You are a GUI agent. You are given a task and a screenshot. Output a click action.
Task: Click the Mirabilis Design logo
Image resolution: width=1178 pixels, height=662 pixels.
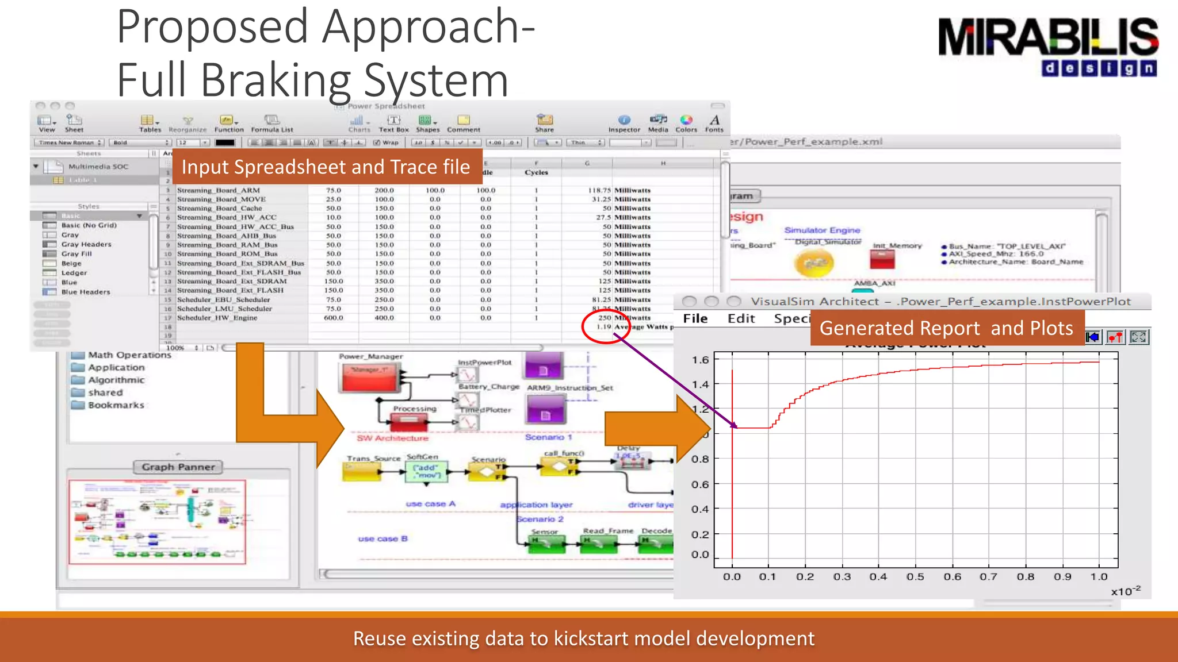click(x=1048, y=46)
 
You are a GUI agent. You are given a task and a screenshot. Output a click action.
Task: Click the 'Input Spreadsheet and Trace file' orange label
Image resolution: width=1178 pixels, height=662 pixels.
click(x=326, y=167)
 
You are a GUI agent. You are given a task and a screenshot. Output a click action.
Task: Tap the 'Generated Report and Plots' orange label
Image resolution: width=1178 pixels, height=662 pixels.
click(x=946, y=328)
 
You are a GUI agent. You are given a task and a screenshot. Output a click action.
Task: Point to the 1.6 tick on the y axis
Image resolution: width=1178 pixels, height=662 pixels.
click(x=700, y=360)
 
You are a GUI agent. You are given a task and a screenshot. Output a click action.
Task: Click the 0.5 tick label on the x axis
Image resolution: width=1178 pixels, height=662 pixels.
click(x=915, y=577)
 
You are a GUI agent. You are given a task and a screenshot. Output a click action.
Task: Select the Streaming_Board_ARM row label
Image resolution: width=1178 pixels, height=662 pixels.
click(x=218, y=190)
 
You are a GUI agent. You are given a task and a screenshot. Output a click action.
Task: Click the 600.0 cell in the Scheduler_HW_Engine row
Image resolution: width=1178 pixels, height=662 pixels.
click(x=333, y=318)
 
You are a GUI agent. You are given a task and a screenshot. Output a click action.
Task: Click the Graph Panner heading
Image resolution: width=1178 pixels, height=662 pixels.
click(x=178, y=467)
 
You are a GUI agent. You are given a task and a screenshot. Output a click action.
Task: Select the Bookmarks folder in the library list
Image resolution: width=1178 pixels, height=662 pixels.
click(x=116, y=405)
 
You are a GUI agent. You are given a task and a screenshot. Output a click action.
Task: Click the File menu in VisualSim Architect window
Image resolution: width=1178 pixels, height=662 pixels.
click(x=695, y=319)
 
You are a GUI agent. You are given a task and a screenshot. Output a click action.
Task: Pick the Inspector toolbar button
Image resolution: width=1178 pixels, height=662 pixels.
click(x=624, y=122)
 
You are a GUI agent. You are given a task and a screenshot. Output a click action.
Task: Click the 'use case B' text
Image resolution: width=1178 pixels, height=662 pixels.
click(x=383, y=539)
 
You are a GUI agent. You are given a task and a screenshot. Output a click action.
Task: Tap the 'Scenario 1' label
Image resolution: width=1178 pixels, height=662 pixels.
click(x=548, y=437)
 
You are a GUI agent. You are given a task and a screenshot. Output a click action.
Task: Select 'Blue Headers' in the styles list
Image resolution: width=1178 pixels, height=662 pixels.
click(x=85, y=292)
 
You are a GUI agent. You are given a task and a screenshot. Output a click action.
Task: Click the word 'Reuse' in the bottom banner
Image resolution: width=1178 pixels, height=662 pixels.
click(x=380, y=638)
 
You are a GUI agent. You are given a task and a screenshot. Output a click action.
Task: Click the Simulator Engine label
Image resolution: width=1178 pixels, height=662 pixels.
click(x=822, y=230)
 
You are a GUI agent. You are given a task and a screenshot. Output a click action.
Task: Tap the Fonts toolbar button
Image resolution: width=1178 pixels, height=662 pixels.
click(x=714, y=122)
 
